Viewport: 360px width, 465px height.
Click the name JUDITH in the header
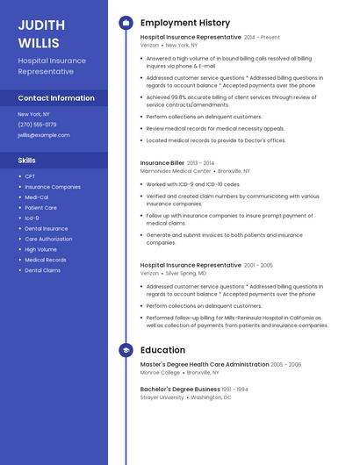(40, 24)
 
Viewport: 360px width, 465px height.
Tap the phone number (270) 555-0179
(37, 125)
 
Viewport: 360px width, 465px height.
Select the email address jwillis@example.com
(44, 135)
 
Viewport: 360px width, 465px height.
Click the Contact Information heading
(56, 98)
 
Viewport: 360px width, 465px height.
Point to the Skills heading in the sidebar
(27, 161)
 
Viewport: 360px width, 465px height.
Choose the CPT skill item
(30, 176)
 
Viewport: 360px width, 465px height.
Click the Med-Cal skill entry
(37, 197)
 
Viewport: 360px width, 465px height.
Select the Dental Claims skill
(42, 270)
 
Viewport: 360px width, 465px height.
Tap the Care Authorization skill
(48, 239)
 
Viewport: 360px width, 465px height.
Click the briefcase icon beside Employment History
(126, 23)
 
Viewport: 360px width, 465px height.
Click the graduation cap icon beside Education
(126, 350)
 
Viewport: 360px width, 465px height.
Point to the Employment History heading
(185, 23)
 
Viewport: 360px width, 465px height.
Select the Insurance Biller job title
(162, 162)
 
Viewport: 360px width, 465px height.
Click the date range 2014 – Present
(262, 38)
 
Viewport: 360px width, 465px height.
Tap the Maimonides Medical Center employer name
(176, 171)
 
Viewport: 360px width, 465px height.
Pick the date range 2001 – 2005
(258, 265)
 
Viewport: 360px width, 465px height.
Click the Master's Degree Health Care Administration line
(205, 364)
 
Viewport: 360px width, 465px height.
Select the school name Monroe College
(160, 373)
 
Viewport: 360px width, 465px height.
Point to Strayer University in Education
(162, 397)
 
